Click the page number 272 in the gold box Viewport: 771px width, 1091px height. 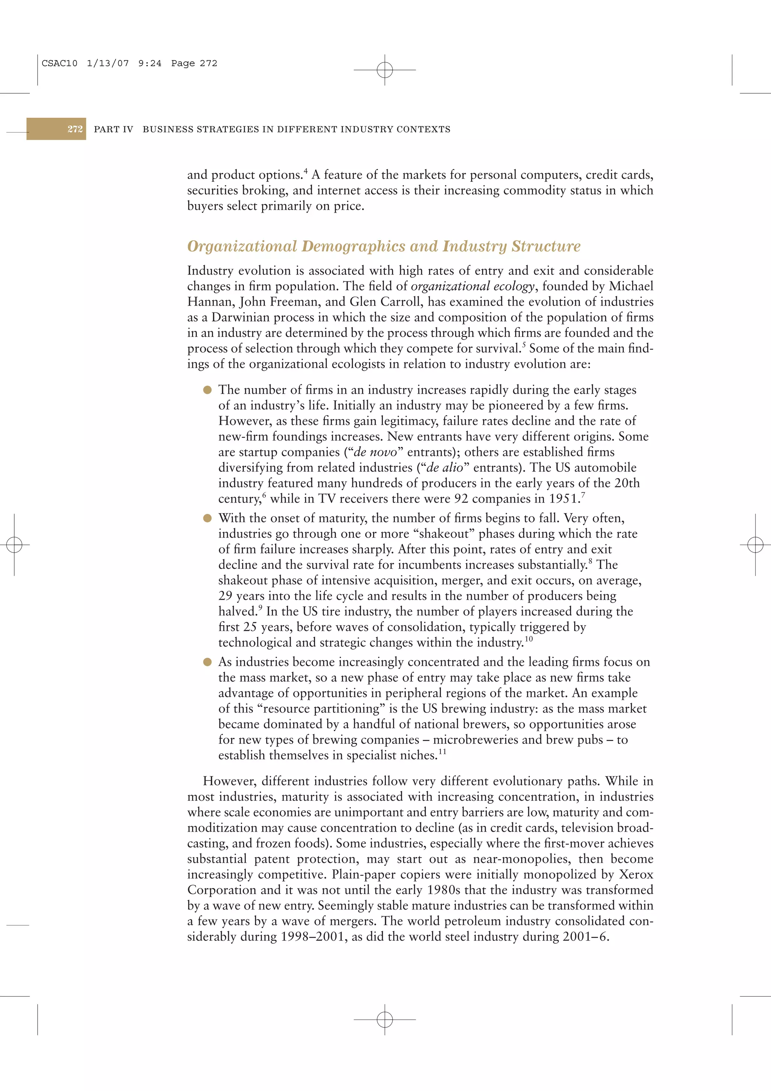75,129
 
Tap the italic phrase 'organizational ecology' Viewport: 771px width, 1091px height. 472,286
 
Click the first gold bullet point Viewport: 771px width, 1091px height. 207,390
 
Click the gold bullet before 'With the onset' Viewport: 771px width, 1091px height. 207,518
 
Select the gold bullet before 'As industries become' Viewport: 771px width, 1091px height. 207,662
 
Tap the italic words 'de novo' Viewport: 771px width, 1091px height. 375,452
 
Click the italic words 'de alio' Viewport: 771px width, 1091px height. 445,468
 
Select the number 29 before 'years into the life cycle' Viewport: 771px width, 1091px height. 225,596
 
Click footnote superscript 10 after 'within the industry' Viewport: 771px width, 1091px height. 529,639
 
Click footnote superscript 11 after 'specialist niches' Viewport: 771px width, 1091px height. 442,752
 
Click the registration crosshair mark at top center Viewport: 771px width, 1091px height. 385,70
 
